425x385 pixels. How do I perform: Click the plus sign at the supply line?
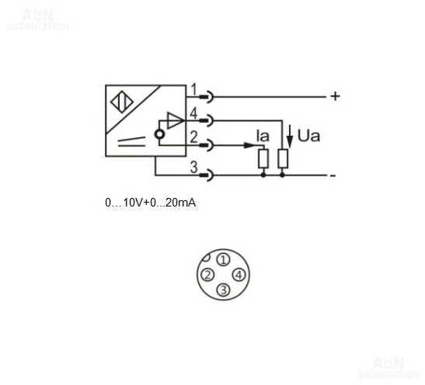point(336,96)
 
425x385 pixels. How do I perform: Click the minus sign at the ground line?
point(333,176)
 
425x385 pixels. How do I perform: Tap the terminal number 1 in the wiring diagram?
point(193,89)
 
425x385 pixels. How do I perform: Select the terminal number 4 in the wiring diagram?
point(193,113)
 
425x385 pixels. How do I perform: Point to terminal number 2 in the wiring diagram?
point(193,137)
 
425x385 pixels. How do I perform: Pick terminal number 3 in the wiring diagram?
point(193,167)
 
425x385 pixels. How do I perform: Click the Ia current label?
point(263,136)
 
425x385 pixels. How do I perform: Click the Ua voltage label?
point(308,136)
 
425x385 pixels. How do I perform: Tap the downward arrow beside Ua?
point(290,137)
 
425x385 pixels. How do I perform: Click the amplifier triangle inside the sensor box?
point(176,120)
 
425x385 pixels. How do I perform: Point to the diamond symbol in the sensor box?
point(122,102)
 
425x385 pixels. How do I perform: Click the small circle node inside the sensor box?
point(159,134)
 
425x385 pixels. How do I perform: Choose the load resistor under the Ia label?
point(263,158)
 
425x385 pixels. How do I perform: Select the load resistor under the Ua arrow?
point(283,158)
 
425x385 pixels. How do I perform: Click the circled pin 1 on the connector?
point(223,260)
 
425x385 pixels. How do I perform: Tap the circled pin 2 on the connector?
point(207,275)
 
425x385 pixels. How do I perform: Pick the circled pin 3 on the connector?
point(223,290)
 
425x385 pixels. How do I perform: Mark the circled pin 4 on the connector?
point(239,275)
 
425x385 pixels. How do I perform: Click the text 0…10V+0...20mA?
point(151,203)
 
